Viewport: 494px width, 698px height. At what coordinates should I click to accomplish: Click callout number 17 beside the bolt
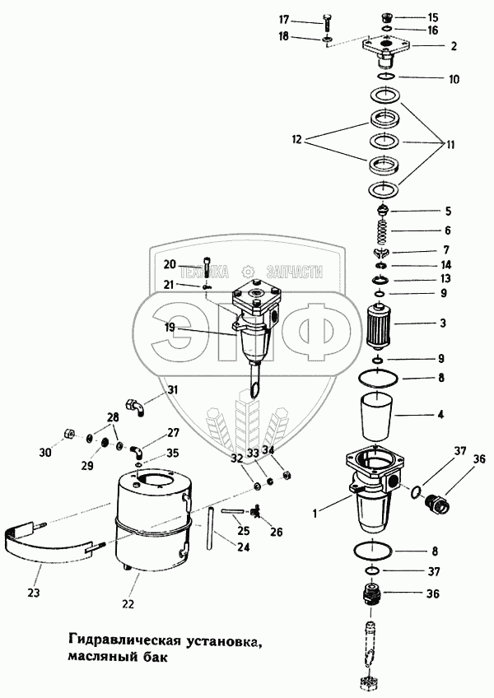(x=306, y=19)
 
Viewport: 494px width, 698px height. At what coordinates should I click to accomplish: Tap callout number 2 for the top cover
(x=453, y=47)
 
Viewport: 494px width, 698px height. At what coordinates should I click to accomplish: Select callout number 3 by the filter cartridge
(x=442, y=323)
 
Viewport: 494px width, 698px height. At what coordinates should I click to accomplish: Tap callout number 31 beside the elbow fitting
(x=172, y=389)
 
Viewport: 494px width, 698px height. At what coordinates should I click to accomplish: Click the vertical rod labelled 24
(x=212, y=531)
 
